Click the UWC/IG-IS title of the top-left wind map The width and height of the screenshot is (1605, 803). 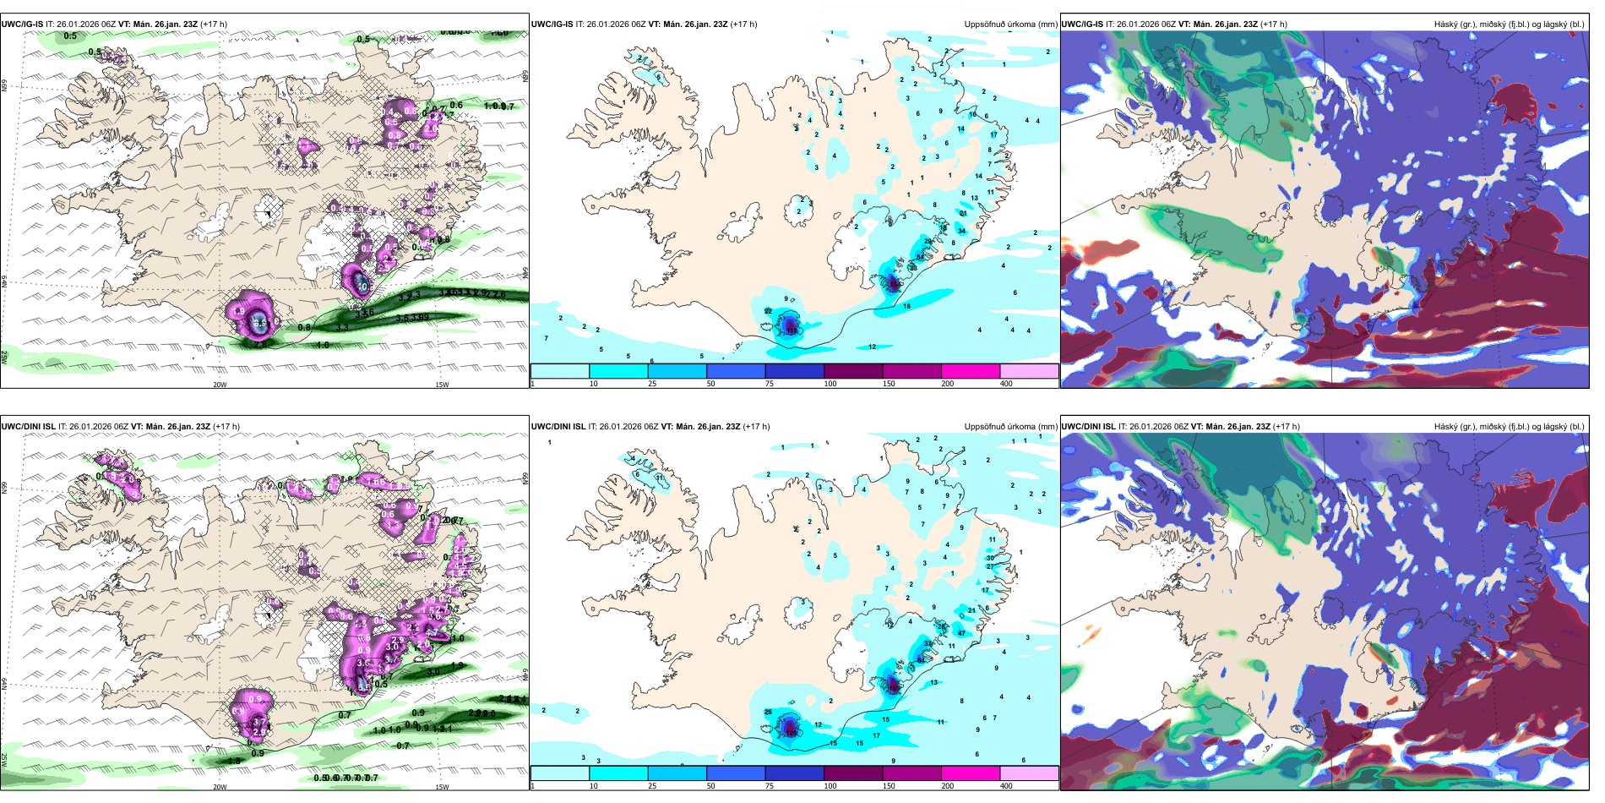pyautogui.click(x=22, y=25)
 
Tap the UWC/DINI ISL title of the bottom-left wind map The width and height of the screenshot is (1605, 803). pyautogui.click(x=29, y=427)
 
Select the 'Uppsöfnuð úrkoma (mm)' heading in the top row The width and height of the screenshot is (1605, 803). pyautogui.click(x=1010, y=25)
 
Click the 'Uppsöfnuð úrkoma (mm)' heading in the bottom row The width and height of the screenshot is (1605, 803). pyautogui.click(x=1010, y=427)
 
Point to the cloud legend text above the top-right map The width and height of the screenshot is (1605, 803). pyautogui.click(x=1509, y=25)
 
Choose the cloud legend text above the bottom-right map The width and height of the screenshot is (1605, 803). pyautogui.click(x=1509, y=427)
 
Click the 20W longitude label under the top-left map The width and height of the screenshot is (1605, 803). pyautogui.click(x=220, y=385)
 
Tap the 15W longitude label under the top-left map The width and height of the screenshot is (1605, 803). pyautogui.click(x=441, y=385)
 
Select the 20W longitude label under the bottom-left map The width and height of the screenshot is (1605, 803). pyautogui.click(x=220, y=787)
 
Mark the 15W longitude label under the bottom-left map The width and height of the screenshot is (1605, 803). pyautogui.click(x=441, y=787)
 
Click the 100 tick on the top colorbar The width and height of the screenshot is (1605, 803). pyautogui.click(x=830, y=384)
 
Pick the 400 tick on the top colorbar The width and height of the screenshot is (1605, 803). pyautogui.click(x=1006, y=384)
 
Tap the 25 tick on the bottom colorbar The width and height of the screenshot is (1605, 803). pyautogui.click(x=652, y=786)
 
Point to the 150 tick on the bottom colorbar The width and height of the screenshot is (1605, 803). pyautogui.click(x=889, y=786)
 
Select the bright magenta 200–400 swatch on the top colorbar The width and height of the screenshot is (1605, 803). pyautogui.click(x=971, y=371)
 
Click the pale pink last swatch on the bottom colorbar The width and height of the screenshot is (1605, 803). pyautogui.click(x=1029, y=773)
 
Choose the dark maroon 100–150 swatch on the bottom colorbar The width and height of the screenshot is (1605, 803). pyautogui.click(x=853, y=773)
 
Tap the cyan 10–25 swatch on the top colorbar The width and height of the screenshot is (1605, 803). pyautogui.click(x=618, y=371)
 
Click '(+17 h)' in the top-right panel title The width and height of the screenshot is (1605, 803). pyautogui.click(x=1274, y=25)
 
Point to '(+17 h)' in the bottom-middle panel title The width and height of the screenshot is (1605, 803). pyautogui.click(x=756, y=427)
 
